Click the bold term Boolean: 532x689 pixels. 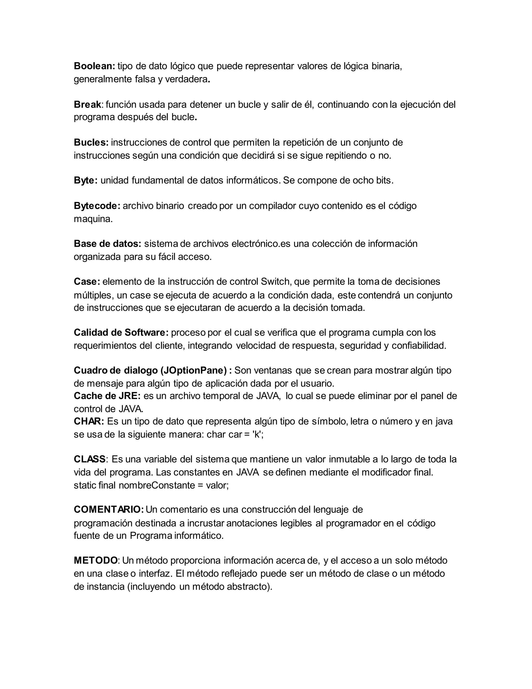pyautogui.click(x=94, y=66)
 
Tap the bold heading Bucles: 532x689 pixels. pyautogui.click(x=91, y=142)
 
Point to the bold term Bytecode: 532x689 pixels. pyautogui.click(x=97, y=206)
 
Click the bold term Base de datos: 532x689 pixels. pyautogui.click(x=108, y=244)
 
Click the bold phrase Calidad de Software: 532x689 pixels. pyautogui.click(x=121, y=333)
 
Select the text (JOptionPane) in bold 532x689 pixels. pyautogui.click(x=194, y=370)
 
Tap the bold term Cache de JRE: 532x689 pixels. pyautogui.click(x=107, y=396)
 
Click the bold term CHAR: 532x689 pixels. pyautogui.click(x=89, y=421)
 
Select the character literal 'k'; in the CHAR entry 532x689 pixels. pyautogui.click(x=258, y=434)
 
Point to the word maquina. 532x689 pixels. pyautogui.click(x=93, y=219)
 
